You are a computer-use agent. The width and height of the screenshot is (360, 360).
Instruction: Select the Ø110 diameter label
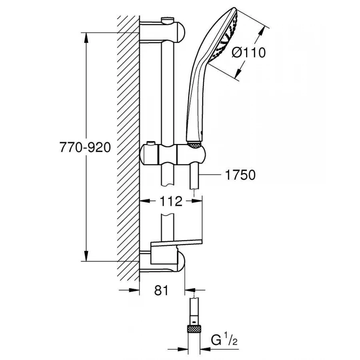click(x=249, y=52)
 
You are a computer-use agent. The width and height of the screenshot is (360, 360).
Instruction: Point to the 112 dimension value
click(x=172, y=201)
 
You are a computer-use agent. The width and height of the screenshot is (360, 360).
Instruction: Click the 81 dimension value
click(x=161, y=291)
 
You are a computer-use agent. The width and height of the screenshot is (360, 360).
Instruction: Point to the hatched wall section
click(x=128, y=148)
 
